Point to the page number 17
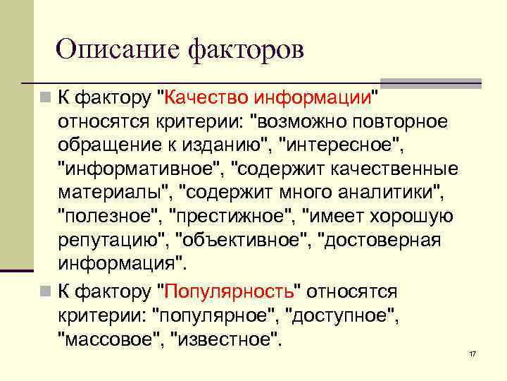click(x=472, y=353)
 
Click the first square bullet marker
click(x=44, y=95)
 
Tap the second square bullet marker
click(x=44, y=290)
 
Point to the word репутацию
click(x=111, y=241)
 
